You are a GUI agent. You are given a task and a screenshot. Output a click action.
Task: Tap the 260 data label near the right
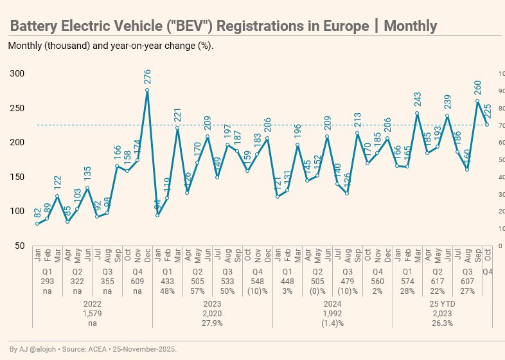477,87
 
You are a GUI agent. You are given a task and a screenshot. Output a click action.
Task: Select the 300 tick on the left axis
17,74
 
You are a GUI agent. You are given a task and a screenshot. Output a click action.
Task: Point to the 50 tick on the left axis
20,246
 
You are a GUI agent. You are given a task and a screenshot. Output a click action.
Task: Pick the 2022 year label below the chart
93,303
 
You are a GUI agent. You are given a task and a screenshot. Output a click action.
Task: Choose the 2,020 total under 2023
213,313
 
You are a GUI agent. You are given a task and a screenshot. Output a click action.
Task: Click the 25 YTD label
443,303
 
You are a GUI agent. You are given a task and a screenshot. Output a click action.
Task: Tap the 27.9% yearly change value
213,323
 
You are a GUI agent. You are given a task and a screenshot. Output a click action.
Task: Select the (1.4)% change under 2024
333,323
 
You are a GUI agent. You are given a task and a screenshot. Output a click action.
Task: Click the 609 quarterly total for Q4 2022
137,281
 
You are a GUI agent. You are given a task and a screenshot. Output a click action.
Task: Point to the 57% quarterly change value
197,291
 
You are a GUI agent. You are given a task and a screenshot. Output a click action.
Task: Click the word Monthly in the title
410,26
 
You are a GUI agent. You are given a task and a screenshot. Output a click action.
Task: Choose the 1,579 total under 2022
93,313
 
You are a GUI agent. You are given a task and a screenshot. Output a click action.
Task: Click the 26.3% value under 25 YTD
443,323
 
